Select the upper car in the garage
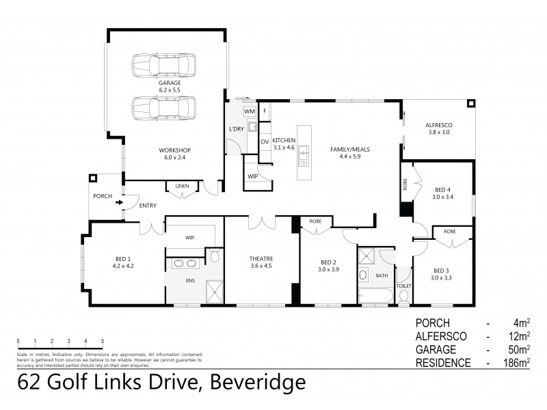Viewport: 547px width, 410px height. point(163,66)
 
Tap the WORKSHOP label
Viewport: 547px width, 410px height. point(174,150)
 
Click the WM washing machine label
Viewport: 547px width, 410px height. point(250,111)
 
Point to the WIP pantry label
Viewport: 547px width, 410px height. point(253,176)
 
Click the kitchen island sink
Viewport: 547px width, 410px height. point(302,159)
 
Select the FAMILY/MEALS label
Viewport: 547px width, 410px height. point(345,149)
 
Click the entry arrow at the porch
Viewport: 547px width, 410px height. point(118,202)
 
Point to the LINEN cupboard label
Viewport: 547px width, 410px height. point(181,186)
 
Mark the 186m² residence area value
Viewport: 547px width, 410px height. point(516,363)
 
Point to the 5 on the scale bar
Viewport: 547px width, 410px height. point(102,340)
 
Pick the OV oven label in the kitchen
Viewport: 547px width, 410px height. point(264,142)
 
